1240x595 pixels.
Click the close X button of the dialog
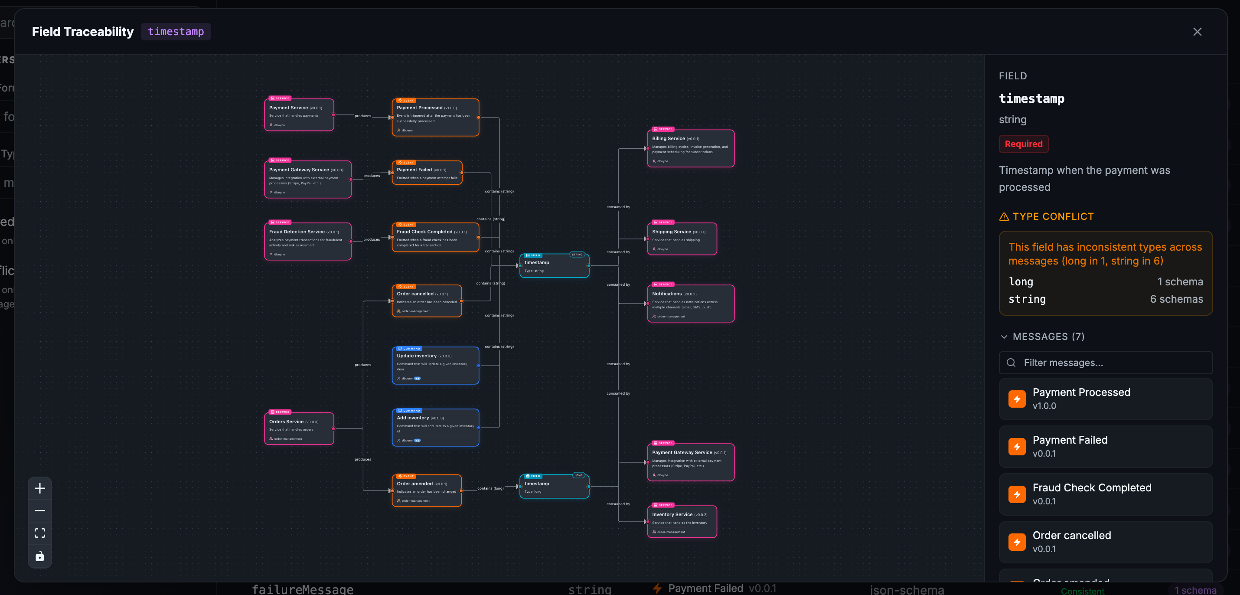tap(1197, 32)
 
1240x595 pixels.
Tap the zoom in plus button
tap(40, 489)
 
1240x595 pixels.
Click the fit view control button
tap(40, 533)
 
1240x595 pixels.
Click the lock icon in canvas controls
tap(40, 556)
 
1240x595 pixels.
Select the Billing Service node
tap(690, 149)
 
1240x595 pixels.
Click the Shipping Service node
tap(682, 239)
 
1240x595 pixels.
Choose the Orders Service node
tap(299, 429)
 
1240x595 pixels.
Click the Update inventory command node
tap(435, 366)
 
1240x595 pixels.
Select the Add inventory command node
tap(435, 428)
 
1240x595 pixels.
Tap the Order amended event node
tap(427, 491)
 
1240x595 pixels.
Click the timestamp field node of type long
tap(554, 487)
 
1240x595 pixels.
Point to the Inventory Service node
tap(682, 522)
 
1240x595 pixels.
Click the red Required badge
tap(1023, 144)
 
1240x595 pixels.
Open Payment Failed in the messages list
tap(1105, 446)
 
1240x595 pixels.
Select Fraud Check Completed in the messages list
tap(1105, 494)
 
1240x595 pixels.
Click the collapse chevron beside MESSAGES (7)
tap(1004, 337)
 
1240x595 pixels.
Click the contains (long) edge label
tap(490, 488)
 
